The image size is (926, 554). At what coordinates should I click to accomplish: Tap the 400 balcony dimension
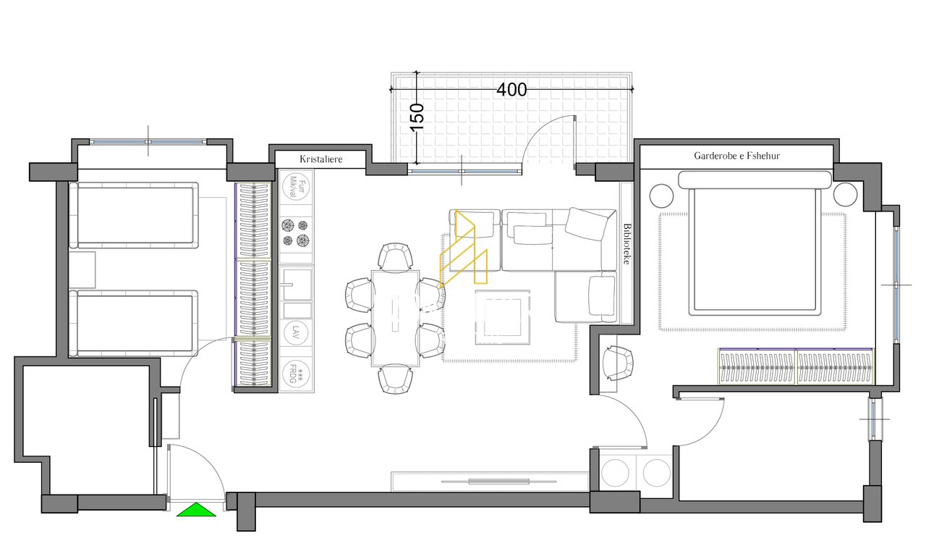[511, 90]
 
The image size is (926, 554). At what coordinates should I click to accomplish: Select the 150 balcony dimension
[417, 117]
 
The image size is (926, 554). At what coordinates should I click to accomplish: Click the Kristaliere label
[320, 159]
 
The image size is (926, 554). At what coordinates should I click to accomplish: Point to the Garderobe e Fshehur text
[736, 156]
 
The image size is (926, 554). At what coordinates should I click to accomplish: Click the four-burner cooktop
[296, 232]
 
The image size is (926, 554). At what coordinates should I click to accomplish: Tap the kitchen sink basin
[296, 284]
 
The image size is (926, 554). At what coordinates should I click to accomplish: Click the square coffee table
[502, 317]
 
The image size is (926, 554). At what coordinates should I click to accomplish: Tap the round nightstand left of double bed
[661, 196]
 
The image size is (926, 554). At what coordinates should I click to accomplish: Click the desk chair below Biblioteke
[616, 363]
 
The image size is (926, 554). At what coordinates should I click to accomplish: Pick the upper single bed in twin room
[135, 216]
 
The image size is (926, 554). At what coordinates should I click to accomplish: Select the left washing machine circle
[617, 474]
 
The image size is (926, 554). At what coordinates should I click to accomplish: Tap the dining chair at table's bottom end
[395, 379]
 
